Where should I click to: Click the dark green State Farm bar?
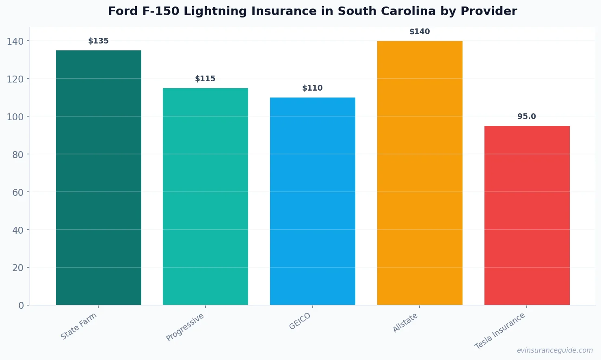point(99,178)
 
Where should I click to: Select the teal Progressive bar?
point(205,196)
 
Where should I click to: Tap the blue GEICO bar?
point(313,201)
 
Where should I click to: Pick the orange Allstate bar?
point(419,173)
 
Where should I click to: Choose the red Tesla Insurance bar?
point(527,215)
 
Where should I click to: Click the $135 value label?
point(99,41)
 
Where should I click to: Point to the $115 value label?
point(205,79)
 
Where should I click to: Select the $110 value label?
point(313,88)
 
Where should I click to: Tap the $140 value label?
point(419,32)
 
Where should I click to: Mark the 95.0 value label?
point(527,117)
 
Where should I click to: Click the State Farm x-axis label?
point(79,326)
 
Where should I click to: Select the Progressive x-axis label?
point(185,327)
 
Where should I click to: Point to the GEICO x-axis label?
point(300,321)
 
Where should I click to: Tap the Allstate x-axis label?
point(405,323)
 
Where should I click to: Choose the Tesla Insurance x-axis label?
point(500,331)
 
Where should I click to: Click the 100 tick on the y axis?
point(15,117)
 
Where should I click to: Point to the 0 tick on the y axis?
point(21,306)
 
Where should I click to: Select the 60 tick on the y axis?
point(18,192)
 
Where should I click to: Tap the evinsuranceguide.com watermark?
point(555,350)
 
